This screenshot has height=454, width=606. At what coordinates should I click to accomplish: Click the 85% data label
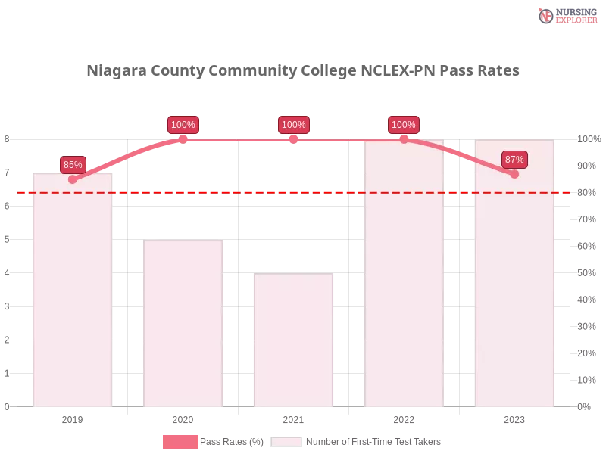[73, 164]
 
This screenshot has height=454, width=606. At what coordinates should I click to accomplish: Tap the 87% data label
[514, 159]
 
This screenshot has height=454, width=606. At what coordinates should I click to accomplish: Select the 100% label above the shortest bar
[293, 125]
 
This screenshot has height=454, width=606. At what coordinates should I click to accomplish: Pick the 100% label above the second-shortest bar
[183, 125]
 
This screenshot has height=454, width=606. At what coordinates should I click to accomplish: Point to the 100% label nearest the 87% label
[404, 125]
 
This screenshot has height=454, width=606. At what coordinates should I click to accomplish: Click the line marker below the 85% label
[73, 179]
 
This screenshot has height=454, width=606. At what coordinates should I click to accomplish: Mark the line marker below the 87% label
[514, 174]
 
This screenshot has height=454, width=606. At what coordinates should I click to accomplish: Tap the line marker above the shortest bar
[293, 138]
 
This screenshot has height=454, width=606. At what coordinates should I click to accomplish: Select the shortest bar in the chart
[293, 340]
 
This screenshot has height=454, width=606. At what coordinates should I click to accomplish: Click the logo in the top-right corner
[566, 15]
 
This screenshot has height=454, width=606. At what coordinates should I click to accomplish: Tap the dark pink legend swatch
[180, 441]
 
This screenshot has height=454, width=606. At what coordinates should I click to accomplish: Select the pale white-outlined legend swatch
[286, 441]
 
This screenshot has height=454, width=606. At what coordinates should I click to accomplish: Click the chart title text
[303, 71]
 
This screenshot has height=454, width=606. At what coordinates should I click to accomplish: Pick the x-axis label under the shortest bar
[293, 418]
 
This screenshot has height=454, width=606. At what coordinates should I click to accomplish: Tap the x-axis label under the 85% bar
[73, 418]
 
